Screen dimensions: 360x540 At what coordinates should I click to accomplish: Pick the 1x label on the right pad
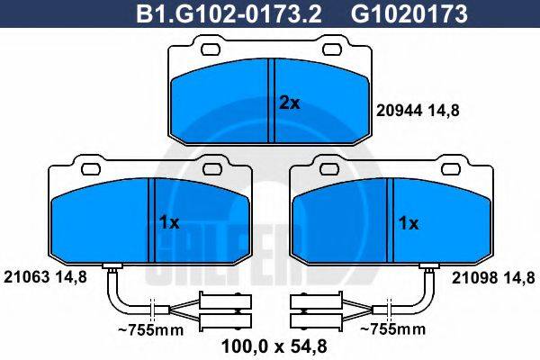click(409, 222)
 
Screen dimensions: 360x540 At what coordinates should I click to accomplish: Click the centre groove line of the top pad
click(273, 100)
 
